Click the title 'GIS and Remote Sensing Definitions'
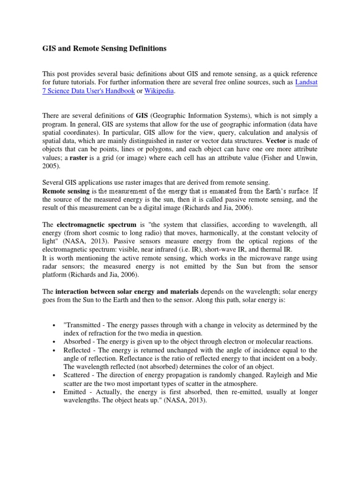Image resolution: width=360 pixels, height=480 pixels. (104, 48)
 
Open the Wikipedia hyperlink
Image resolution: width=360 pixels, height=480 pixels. (159, 91)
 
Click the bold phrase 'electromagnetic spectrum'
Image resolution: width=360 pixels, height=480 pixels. (96, 225)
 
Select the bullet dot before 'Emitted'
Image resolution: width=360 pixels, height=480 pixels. (55, 392)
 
